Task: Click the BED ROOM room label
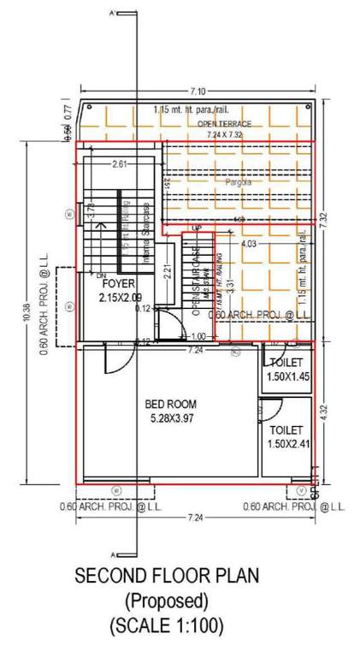170,404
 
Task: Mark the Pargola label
226,182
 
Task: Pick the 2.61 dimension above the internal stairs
119,164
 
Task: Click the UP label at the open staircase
196,228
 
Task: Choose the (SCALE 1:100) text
167,625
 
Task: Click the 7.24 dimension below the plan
196,518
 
